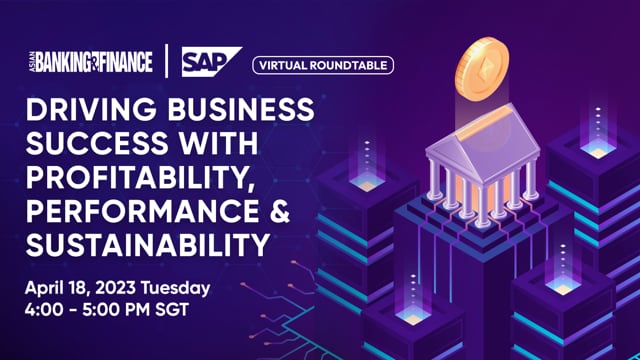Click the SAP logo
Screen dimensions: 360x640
210,63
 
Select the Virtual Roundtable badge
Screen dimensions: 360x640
322,65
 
